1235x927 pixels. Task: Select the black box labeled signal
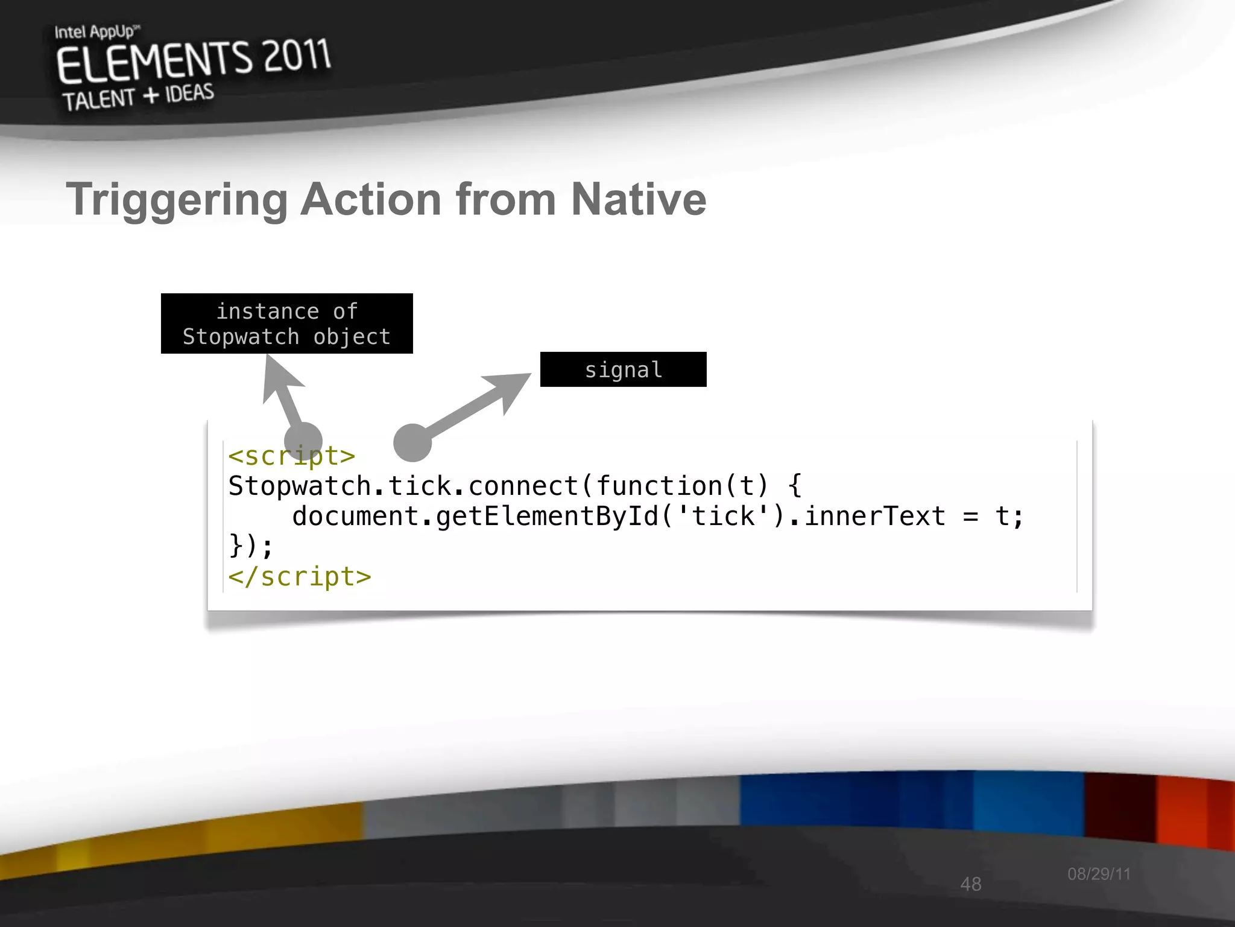[x=623, y=369]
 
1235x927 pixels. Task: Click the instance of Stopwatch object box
[x=286, y=323]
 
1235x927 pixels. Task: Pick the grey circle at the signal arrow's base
[x=412, y=442]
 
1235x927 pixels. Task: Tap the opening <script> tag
[x=291, y=456]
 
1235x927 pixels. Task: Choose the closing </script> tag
[x=299, y=577]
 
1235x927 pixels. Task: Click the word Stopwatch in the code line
[x=299, y=486]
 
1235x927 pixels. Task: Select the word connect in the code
[x=522, y=486]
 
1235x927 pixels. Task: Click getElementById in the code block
[x=547, y=517]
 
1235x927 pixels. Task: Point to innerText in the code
[x=874, y=517]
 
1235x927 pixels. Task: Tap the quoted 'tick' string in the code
[x=723, y=517]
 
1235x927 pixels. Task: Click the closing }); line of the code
[x=251, y=546]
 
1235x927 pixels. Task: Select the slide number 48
[x=971, y=884]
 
